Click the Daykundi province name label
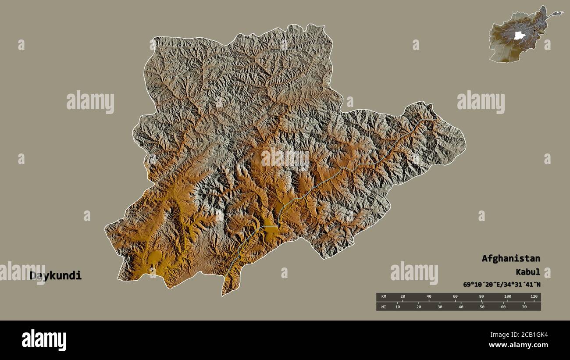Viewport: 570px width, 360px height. pyautogui.click(x=56, y=276)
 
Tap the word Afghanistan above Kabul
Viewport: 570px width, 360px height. pyautogui.click(x=511, y=258)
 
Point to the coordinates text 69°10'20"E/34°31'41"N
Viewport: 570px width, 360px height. pyautogui.click(x=502, y=285)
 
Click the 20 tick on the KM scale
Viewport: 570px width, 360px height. pyautogui.click(x=403, y=297)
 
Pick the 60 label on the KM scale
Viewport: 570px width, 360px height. pyautogui.click(x=455, y=297)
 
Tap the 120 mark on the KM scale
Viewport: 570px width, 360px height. pyautogui.click(x=534, y=297)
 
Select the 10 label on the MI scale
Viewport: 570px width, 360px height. pyautogui.click(x=397, y=307)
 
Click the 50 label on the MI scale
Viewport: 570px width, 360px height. pyautogui.click(x=482, y=307)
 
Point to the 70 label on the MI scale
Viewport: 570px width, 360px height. pyautogui.click(x=524, y=307)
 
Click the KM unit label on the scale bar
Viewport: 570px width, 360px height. pyautogui.click(x=384, y=297)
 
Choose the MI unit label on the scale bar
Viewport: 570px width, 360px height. pyautogui.click(x=384, y=307)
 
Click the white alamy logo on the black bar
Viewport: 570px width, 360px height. pyautogui.click(x=44, y=340)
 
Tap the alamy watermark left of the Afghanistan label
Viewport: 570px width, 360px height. pyautogui.click(x=414, y=273)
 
